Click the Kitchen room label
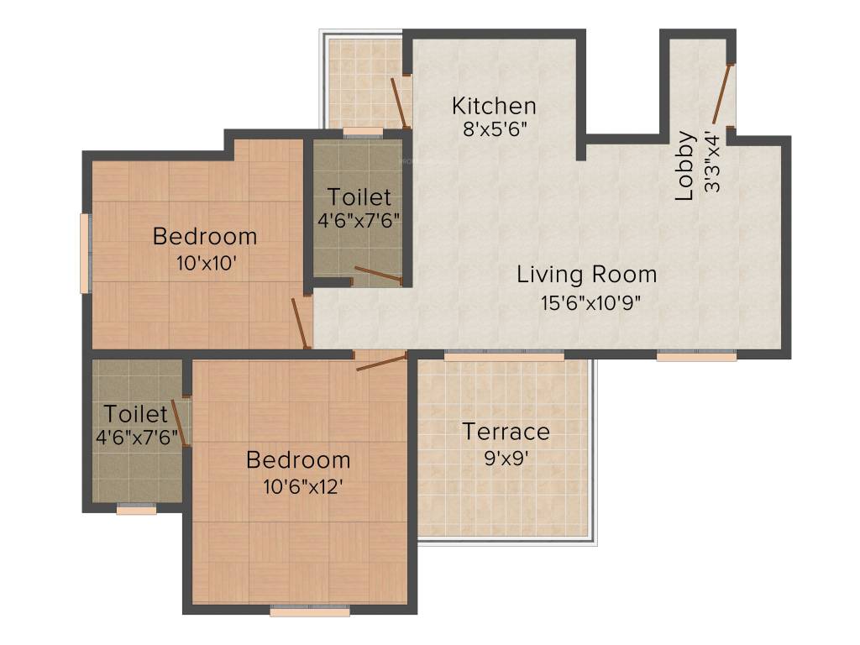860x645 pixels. (x=494, y=106)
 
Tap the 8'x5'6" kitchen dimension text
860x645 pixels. (x=495, y=130)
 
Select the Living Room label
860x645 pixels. (x=587, y=275)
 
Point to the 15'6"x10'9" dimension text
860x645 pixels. (x=590, y=302)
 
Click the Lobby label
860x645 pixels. (x=685, y=165)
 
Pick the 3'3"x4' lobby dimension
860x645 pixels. (x=711, y=162)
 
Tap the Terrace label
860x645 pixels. (x=506, y=432)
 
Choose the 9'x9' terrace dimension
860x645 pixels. (x=506, y=458)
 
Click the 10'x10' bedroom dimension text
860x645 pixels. (x=207, y=264)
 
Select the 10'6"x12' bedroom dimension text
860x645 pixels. (x=302, y=486)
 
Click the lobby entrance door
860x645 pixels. (x=721, y=94)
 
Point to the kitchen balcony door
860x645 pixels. (x=399, y=103)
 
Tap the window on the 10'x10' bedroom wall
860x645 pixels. (x=85, y=253)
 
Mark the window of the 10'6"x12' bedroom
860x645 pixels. (x=311, y=611)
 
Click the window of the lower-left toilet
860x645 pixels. (x=137, y=509)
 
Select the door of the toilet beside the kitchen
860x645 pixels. (x=379, y=275)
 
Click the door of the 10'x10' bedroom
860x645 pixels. (x=301, y=323)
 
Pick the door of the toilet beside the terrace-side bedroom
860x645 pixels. (x=181, y=423)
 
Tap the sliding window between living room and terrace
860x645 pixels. (x=504, y=355)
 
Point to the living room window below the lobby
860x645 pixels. (x=696, y=355)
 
